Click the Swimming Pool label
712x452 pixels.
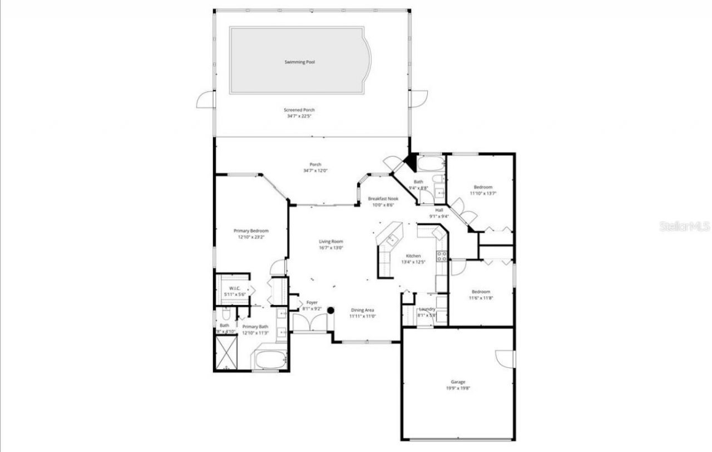click(x=299, y=62)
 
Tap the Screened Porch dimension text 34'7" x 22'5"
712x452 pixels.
click(x=299, y=116)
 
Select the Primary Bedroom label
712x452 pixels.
click(x=251, y=230)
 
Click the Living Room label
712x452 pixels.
click(x=330, y=242)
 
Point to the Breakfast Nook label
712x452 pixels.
click(x=383, y=199)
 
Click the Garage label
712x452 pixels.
click(x=458, y=382)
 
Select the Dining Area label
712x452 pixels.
click(x=362, y=310)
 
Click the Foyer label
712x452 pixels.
click(x=311, y=302)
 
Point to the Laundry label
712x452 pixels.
click(x=427, y=309)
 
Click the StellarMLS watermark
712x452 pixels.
click(x=684, y=227)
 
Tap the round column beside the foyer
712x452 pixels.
click(x=330, y=311)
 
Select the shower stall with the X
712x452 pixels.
click(x=226, y=353)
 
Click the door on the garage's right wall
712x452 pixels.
click(x=506, y=358)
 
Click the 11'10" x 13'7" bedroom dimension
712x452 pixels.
click(x=483, y=193)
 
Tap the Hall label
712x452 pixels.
click(x=439, y=210)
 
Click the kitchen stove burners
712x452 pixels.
click(x=442, y=256)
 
